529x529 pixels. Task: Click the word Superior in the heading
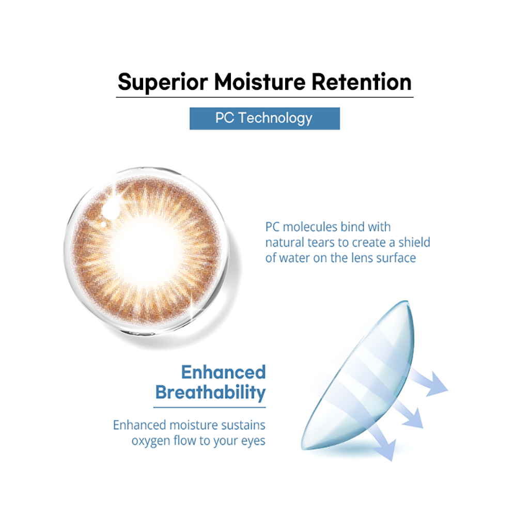163,83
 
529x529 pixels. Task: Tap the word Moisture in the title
259,82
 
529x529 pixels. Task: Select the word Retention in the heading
361,82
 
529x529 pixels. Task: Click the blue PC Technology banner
264,118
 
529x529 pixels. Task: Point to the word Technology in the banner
275,118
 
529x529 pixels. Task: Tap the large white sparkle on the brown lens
112,206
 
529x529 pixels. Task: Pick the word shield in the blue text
414,242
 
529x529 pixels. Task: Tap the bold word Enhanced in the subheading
223,372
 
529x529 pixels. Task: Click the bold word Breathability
211,393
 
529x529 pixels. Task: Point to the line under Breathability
210,407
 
